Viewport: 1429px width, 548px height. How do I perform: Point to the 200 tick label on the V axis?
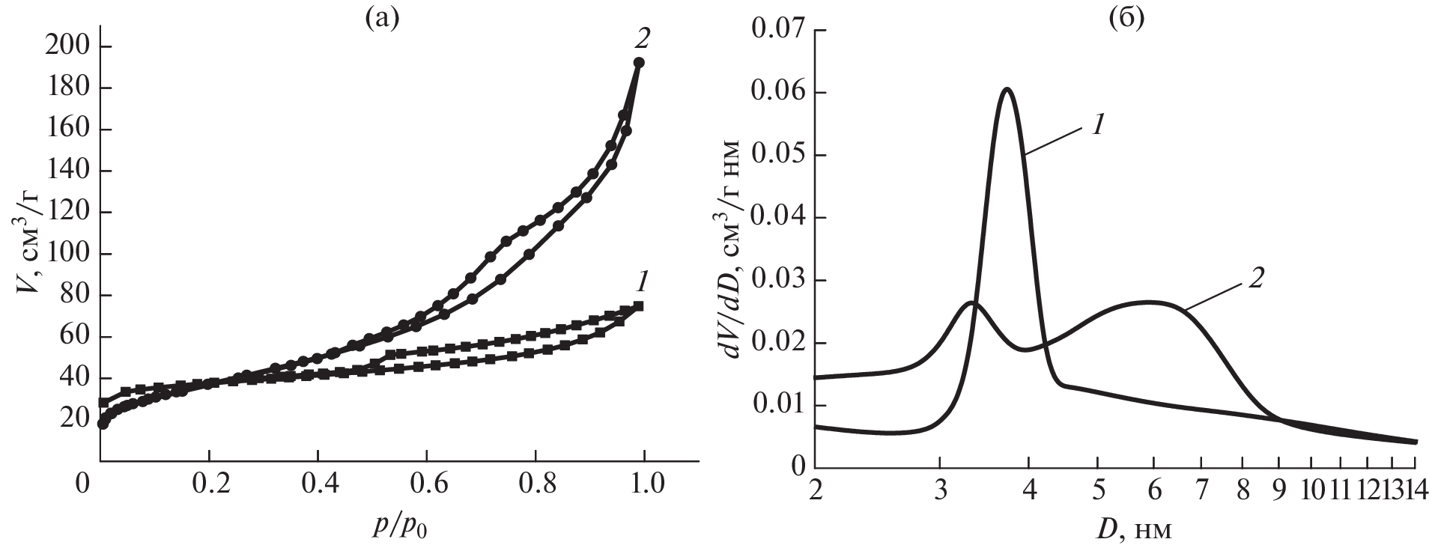(70, 47)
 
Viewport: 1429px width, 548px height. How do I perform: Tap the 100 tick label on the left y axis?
(70, 255)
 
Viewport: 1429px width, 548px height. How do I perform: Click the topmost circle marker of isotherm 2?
(639, 63)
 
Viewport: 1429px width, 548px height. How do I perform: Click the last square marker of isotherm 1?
(638, 305)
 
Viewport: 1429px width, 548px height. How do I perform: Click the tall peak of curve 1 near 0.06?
(1007, 89)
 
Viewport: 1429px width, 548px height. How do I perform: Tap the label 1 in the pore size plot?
(1096, 124)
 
